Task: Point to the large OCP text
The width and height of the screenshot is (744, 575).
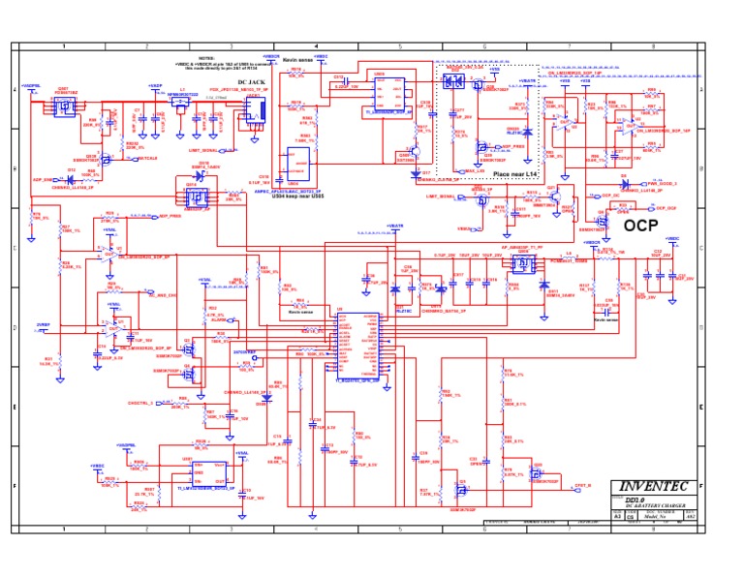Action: click(x=640, y=225)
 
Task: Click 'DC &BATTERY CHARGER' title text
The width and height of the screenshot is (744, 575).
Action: click(x=650, y=506)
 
